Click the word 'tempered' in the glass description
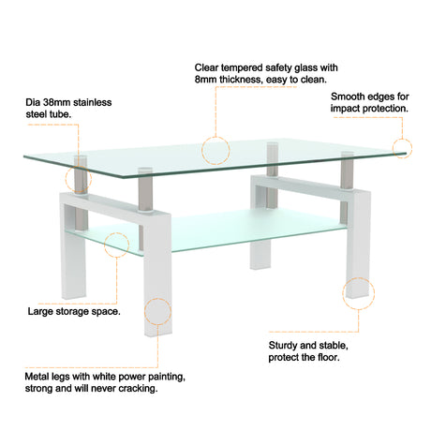(238, 67)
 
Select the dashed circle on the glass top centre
(215, 148)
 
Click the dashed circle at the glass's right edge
(402, 148)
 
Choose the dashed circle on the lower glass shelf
(117, 245)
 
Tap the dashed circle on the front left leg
(156, 311)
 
